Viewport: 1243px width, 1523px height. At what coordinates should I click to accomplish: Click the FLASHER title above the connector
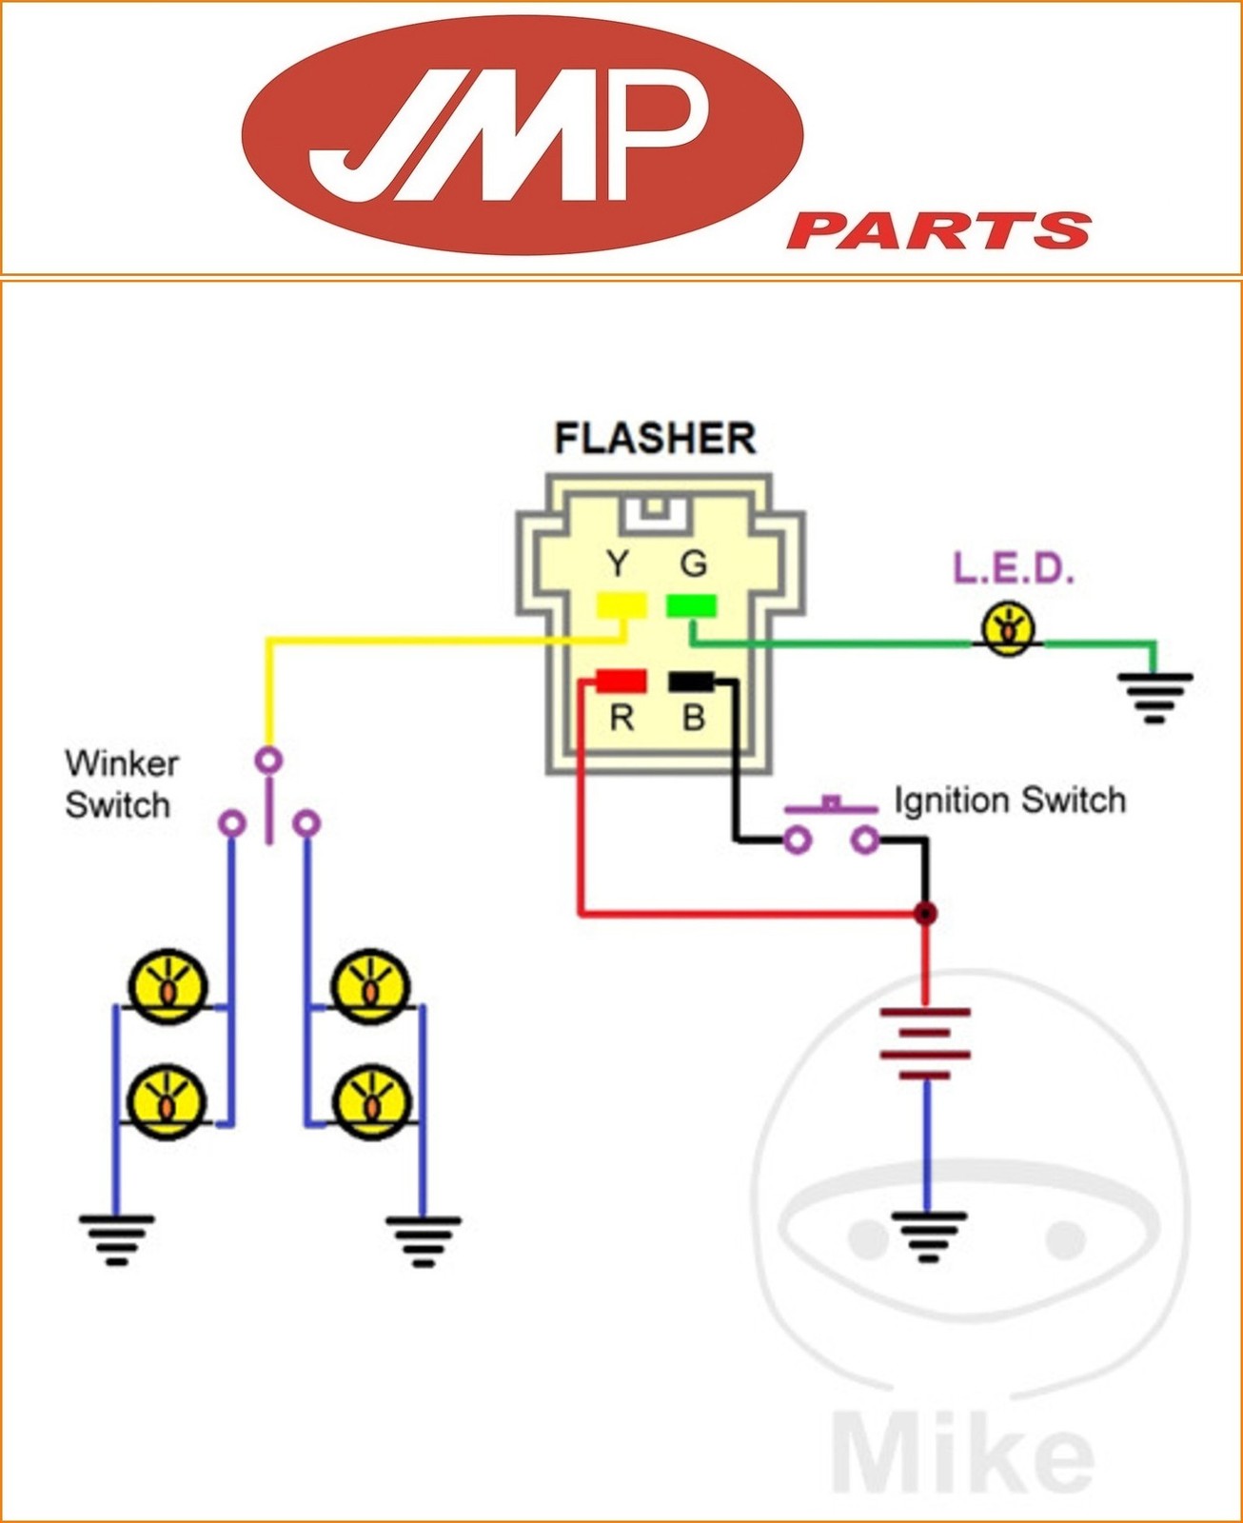pyautogui.click(x=655, y=439)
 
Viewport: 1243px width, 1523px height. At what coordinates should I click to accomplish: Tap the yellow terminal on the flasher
pyautogui.click(x=621, y=605)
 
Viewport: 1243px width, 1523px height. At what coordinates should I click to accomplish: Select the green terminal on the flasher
pyautogui.click(x=692, y=605)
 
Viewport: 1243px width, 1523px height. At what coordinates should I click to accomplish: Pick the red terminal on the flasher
pyautogui.click(x=621, y=681)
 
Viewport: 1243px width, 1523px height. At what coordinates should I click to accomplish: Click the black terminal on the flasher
pyautogui.click(x=692, y=681)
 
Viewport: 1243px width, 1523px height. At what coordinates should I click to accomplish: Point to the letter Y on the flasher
pyautogui.click(x=618, y=564)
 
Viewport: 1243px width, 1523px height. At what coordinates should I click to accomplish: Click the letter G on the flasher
pyautogui.click(x=694, y=564)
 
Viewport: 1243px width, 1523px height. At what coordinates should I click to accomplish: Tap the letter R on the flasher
pyautogui.click(x=621, y=718)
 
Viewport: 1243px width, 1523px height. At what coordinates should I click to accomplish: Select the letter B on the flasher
pyautogui.click(x=694, y=718)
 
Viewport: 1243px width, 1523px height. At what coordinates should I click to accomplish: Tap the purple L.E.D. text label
pyautogui.click(x=1014, y=569)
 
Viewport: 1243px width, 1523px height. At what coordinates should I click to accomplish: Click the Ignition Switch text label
pyautogui.click(x=1009, y=801)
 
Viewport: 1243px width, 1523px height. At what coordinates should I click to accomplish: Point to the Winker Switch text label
pyautogui.click(x=121, y=784)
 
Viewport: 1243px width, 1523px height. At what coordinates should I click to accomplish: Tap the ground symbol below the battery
pyautogui.click(x=927, y=1236)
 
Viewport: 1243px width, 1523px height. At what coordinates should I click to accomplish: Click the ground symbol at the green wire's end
pyautogui.click(x=1154, y=696)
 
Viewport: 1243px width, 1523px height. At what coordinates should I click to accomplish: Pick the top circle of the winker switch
pyautogui.click(x=269, y=760)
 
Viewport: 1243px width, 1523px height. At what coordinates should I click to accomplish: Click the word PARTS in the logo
pyautogui.click(x=937, y=230)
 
